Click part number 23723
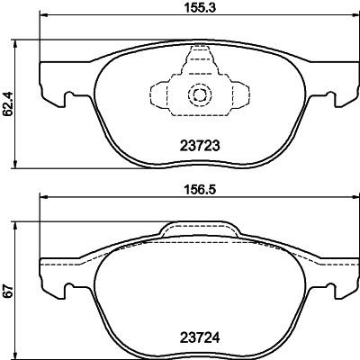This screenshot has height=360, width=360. coord(195,145)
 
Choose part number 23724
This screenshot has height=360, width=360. coord(195,341)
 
